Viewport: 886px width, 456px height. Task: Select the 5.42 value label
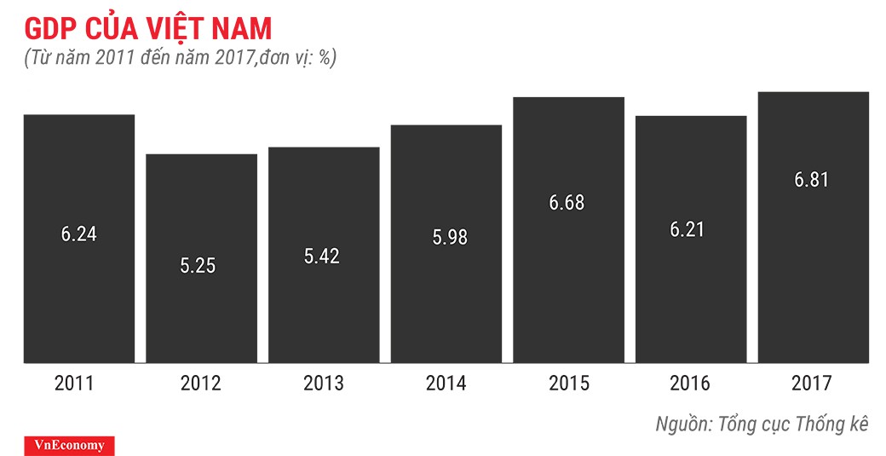click(322, 256)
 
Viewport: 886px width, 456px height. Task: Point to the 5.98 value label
click(446, 238)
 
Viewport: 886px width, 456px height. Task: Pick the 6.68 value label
click(567, 203)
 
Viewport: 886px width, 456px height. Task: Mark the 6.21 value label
click(690, 229)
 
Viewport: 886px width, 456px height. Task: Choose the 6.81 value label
click(812, 180)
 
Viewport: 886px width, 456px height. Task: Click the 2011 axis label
click(78, 384)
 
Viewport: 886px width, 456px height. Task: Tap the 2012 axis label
click(201, 384)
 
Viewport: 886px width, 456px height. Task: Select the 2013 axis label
click(323, 384)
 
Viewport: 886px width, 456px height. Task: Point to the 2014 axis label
click(446, 384)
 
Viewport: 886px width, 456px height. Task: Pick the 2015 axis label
click(568, 384)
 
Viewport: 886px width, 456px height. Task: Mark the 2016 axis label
click(690, 384)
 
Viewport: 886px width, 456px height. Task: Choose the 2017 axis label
click(813, 384)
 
